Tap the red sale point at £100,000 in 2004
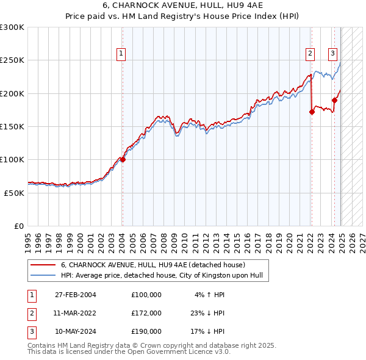123,160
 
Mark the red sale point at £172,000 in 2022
312,112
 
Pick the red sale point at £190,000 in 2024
335,100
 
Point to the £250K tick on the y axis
12,60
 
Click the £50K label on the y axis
14,193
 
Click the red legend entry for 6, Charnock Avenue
152,265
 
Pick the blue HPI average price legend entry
161,276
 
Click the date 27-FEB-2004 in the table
75,295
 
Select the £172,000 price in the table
146,313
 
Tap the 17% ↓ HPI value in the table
209,332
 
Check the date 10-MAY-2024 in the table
75,332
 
